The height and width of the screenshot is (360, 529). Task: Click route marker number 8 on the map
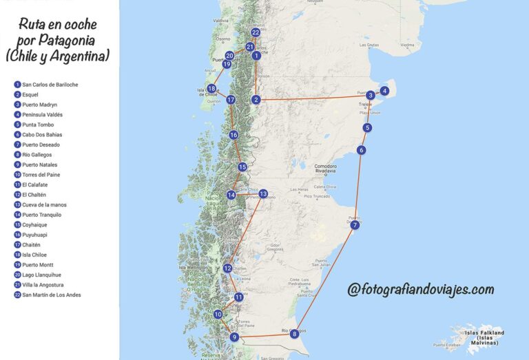(295, 334)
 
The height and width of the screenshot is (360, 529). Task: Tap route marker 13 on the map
(263, 194)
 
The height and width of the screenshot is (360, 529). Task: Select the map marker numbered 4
(384, 91)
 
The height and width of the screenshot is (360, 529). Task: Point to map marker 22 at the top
(256, 32)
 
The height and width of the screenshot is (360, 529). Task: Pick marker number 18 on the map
(211, 89)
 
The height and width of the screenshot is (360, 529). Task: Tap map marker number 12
(227, 268)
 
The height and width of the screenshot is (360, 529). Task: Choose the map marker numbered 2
(256, 100)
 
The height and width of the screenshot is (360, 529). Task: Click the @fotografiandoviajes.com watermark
(421, 289)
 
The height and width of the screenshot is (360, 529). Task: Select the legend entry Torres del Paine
(44, 175)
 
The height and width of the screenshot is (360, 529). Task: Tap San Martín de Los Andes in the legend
(51, 295)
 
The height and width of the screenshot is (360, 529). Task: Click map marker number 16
(234, 135)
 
